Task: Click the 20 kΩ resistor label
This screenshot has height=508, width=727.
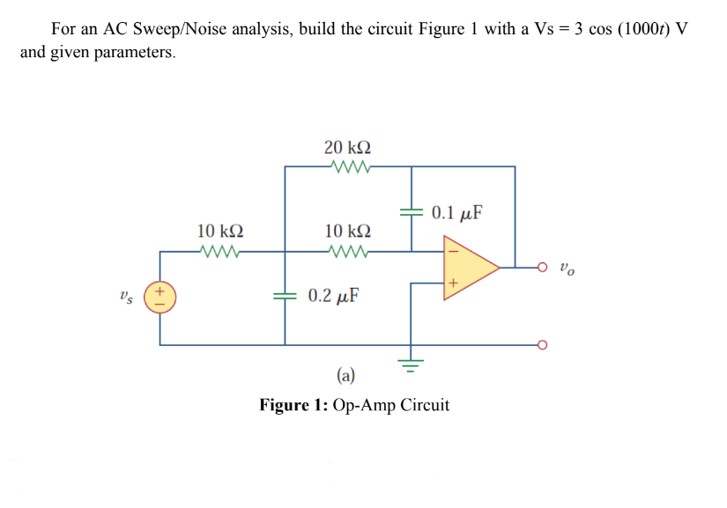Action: (347, 147)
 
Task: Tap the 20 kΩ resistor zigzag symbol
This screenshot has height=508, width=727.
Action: (347, 166)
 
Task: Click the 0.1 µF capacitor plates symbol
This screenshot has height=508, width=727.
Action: (409, 213)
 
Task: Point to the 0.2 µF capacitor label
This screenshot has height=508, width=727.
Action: (332, 295)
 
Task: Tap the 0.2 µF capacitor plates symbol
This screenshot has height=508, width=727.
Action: (285, 296)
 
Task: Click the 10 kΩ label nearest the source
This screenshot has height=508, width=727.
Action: (220, 232)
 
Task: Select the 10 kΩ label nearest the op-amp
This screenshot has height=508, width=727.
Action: (347, 232)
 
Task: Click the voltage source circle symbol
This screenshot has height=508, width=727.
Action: (159, 296)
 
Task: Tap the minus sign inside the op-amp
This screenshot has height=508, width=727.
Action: (452, 250)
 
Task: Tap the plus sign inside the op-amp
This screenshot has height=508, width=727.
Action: (452, 283)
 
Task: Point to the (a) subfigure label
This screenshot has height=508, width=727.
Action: (345, 377)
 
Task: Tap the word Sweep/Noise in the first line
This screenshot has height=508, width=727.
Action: (244, 28)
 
